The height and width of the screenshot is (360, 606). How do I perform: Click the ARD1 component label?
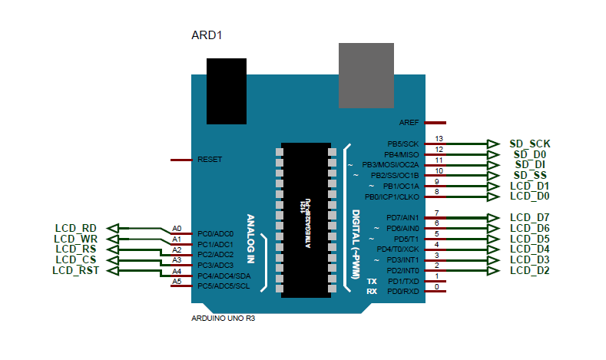[x=207, y=35]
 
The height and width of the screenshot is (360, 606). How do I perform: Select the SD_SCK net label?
[x=530, y=144]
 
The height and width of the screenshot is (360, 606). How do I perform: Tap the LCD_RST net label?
[x=75, y=270]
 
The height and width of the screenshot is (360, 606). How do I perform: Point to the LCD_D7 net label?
[x=530, y=217]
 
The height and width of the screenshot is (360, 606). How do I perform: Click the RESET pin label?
[x=210, y=160]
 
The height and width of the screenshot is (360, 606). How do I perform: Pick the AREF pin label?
[x=409, y=123]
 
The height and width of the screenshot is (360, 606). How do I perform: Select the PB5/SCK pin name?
[x=403, y=144]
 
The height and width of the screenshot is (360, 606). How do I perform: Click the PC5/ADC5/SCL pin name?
[x=224, y=286]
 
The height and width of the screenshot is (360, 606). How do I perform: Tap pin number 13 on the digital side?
[x=439, y=138]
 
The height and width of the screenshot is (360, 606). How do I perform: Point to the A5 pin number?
[x=177, y=282]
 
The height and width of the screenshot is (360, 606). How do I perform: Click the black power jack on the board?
[x=227, y=91]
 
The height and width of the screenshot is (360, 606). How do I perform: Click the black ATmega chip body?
[x=304, y=218]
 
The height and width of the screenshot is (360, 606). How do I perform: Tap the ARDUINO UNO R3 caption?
[x=222, y=318]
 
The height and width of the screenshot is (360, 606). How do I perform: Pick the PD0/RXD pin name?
[x=403, y=292]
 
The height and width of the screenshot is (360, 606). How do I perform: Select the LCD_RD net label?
[x=75, y=228]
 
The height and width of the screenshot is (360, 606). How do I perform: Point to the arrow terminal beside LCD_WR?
[x=113, y=239]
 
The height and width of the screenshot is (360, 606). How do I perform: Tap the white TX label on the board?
[x=371, y=282]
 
